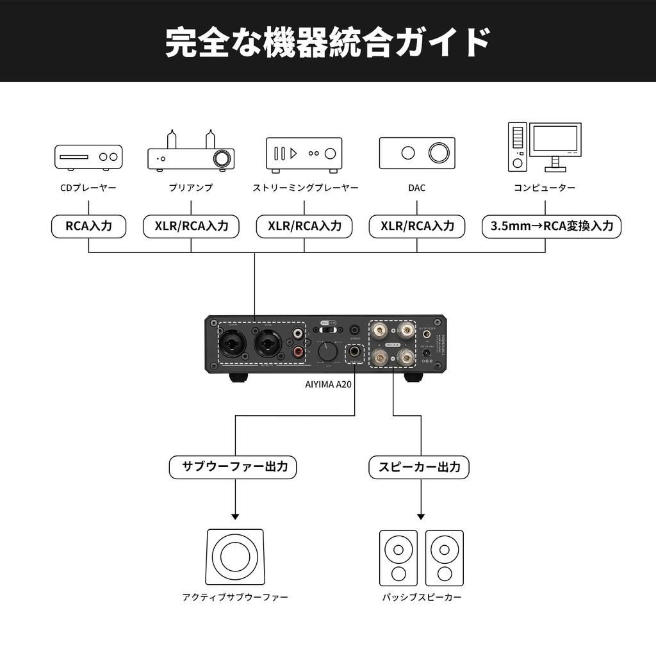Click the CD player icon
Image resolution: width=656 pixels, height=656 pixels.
88,157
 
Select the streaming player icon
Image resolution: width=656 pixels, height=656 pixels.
304,154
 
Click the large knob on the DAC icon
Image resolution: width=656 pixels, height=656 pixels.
439,152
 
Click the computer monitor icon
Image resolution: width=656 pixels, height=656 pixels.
555,142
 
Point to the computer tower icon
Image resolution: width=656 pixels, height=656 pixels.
518,147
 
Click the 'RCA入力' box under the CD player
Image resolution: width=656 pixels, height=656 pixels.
88,226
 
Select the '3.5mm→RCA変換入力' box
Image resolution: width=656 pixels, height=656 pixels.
552,226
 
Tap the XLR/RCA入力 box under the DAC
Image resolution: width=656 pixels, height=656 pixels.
417,226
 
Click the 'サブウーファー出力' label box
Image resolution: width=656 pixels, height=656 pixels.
233,467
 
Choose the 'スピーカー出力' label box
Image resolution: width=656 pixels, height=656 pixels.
419,467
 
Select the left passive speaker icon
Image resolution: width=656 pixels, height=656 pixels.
398,557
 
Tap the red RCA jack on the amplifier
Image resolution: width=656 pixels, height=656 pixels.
299,352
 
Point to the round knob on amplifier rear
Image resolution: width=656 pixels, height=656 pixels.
329,352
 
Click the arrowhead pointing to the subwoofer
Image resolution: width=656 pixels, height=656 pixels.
234,516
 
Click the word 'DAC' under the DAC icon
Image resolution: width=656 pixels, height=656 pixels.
416,188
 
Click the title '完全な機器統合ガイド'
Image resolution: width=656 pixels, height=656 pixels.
328,42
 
